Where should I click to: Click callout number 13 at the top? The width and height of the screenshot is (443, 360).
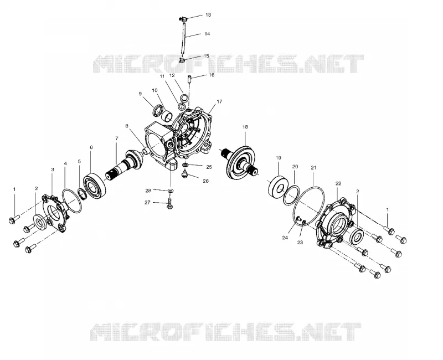pyautogui.click(x=208, y=15)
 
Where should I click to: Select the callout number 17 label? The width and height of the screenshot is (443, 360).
pyautogui.click(x=219, y=101)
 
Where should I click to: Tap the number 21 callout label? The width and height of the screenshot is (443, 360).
pyautogui.click(x=313, y=168)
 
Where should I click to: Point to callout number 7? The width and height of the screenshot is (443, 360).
pyautogui.click(x=117, y=138)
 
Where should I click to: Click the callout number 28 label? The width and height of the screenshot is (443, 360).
pyautogui.click(x=148, y=191)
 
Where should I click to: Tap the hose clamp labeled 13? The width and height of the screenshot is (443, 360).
pyautogui.click(x=183, y=19)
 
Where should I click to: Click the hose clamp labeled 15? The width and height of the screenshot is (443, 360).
pyautogui.click(x=182, y=60)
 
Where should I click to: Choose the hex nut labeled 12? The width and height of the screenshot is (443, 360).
pyautogui.click(x=183, y=99)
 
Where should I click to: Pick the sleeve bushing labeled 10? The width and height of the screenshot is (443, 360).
pyautogui.click(x=167, y=115)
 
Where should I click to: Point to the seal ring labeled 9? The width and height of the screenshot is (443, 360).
pyautogui.click(x=158, y=110)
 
